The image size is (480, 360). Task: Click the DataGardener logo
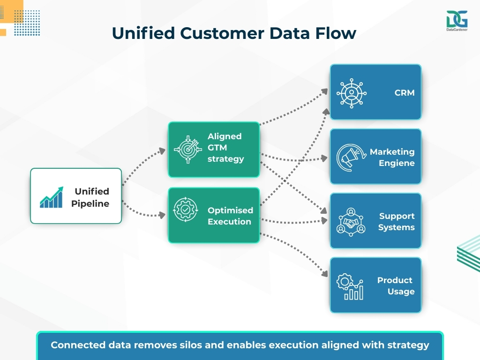click(457, 21)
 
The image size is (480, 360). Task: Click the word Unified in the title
click(140, 33)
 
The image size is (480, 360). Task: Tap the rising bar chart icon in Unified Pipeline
click(52, 197)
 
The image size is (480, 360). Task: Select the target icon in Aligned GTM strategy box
click(186, 150)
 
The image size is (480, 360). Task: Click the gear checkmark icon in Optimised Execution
click(186, 210)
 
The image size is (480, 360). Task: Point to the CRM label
click(404, 93)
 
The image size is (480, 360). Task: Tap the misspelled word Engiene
click(397, 163)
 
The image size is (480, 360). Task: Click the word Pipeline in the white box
click(90, 203)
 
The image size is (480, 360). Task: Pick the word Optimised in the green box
click(230, 210)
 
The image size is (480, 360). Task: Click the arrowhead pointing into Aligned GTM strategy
click(163, 150)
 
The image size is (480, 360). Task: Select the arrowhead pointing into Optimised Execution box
click(163, 215)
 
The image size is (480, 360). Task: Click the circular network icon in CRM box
click(352, 92)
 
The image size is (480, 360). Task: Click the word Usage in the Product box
click(401, 292)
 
